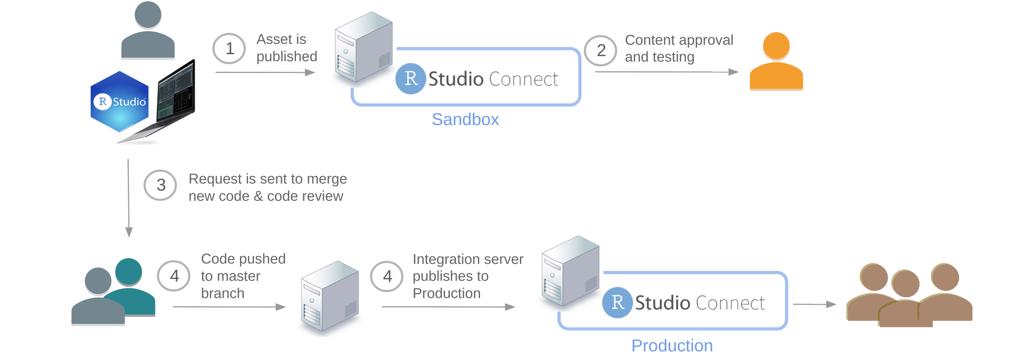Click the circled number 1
(229, 49)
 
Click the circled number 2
(600, 50)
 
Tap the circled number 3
(161, 185)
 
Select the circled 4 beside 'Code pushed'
(174, 276)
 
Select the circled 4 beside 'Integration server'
(387, 276)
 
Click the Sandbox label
(465, 120)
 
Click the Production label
(672, 345)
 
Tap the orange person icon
(776, 62)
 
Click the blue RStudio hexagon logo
(120, 102)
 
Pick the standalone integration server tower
(329, 297)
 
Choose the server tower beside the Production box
(570, 271)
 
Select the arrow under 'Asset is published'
(265, 73)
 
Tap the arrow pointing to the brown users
(814, 304)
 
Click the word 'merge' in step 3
(327, 179)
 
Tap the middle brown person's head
(905, 284)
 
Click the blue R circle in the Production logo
(617, 302)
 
